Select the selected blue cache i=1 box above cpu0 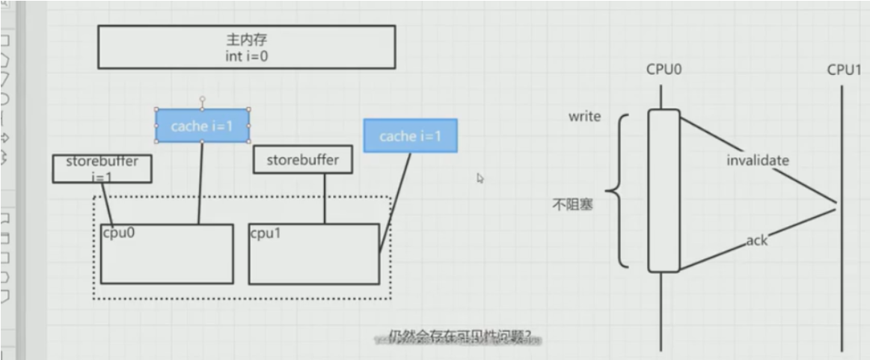(x=202, y=126)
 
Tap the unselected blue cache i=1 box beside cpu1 (x=410, y=136)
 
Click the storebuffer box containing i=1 (x=102, y=168)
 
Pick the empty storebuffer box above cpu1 (x=302, y=159)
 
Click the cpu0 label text (x=118, y=232)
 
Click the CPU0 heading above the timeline (x=664, y=70)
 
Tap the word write (x=584, y=117)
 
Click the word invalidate (x=757, y=160)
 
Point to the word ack (x=757, y=241)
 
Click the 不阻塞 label (x=573, y=204)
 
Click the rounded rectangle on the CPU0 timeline (x=664, y=191)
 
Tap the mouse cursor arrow (x=480, y=178)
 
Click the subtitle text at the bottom (x=464, y=338)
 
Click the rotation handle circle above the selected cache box (x=202, y=99)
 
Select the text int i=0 (x=246, y=56)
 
